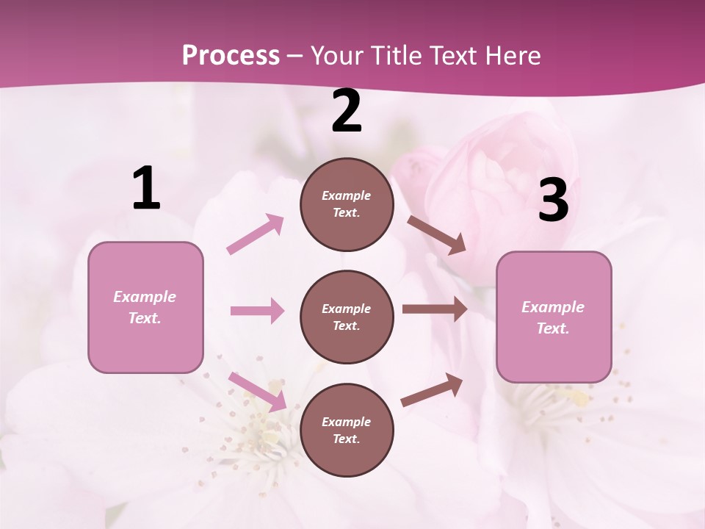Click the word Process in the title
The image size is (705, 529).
coord(231,56)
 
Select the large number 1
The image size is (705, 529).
coord(146,189)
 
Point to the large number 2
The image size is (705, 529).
coord(347,112)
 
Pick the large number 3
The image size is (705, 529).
coord(553,201)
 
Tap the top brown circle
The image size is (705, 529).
coord(347,204)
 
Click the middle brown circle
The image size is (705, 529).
coord(347,317)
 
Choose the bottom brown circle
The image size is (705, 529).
coord(347,430)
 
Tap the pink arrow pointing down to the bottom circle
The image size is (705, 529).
coord(257,392)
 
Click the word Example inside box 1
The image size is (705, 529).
coord(145,297)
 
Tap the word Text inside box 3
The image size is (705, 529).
coord(553,328)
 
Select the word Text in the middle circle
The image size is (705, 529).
coord(346,325)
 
